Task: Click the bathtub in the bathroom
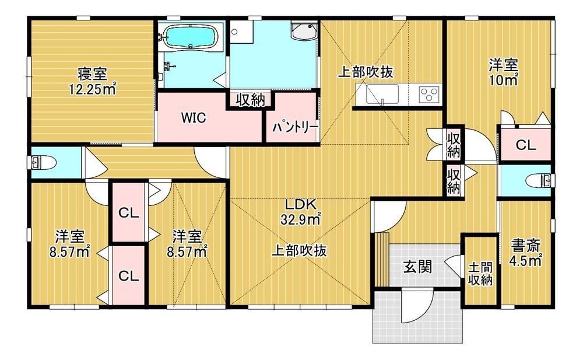click(191, 37)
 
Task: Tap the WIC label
click(194, 118)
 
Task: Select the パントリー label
click(295, 128)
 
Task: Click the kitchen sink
click(382, 94)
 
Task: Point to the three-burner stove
click(430, 94)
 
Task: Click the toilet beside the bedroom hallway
click(43, 163)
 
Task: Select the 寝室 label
click(92, 74)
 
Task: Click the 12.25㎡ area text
click(93, 89)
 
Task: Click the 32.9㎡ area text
click(300, 219)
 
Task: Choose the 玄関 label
click(418, 267)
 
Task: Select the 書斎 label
click(525, 246)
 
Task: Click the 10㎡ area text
click(504, 81)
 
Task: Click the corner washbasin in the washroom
click(305, 30)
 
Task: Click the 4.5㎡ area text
click(525, 261)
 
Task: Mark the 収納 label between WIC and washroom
click(251, 99)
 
